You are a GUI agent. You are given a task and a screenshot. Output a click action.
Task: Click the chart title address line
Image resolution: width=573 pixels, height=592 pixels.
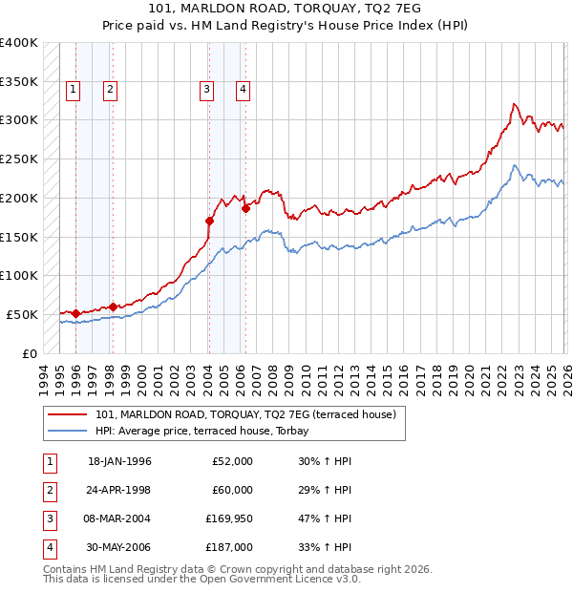(286, 8)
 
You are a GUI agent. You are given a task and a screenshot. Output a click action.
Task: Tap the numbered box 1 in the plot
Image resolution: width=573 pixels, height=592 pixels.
(74, 90)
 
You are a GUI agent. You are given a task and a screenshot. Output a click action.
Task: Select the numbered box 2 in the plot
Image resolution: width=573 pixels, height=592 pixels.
(111, 90)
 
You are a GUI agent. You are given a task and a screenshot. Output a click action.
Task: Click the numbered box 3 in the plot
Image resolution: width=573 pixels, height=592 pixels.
(206, 90)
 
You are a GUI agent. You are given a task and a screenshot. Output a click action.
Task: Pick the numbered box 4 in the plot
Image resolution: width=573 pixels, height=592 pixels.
(244, 90)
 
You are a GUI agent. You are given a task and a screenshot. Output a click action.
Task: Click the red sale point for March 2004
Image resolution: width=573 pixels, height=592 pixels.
(209, 221)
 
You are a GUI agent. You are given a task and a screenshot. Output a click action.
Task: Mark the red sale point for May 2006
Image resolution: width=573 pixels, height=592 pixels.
(245, 207)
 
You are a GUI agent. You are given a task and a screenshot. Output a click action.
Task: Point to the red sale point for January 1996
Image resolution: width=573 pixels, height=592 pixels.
(75, 312)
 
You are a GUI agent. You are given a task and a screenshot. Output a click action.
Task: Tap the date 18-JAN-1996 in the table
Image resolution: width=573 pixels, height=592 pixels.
(119, 461)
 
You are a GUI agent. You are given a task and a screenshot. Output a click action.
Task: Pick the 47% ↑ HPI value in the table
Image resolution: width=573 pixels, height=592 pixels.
(325, 518)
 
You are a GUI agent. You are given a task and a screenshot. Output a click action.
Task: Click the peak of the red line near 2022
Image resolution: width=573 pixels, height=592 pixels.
(514, 104)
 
